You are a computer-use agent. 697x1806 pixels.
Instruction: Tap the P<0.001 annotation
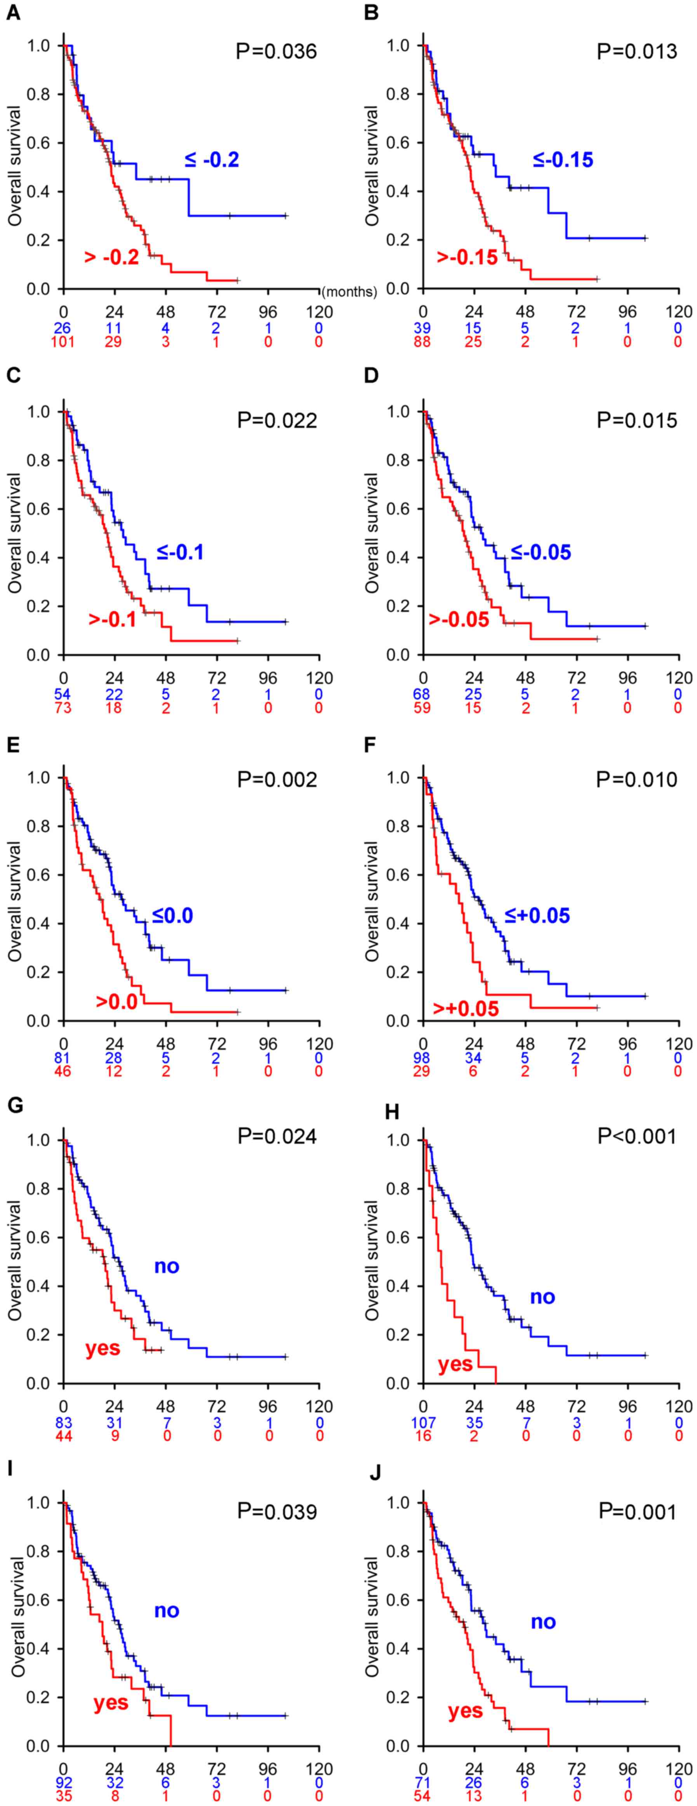point(637,1136)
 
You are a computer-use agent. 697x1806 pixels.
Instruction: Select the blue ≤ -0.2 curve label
point(212,160)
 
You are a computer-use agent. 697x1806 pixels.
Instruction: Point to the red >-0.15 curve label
point(467,257)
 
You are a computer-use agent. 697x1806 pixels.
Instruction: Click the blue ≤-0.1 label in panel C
point(180,552)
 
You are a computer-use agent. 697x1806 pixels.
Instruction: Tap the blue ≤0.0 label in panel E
point(172,916)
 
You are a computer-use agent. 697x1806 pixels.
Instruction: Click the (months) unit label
point(349,291)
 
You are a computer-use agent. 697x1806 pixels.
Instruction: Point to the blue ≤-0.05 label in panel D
point(541,552)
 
